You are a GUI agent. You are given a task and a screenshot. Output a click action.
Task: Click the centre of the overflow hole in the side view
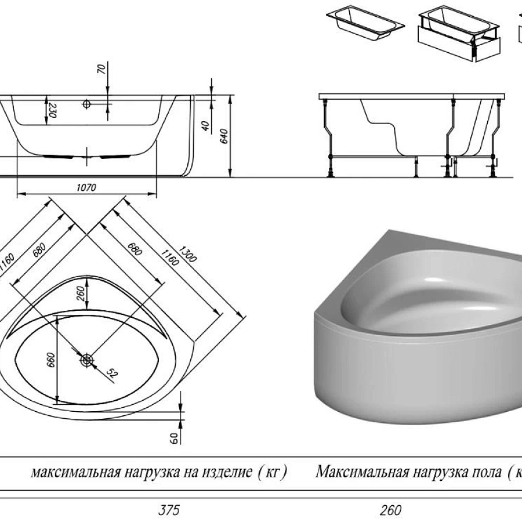tap(86, 104)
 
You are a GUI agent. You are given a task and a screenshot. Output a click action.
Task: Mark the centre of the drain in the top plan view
tap(87, 360)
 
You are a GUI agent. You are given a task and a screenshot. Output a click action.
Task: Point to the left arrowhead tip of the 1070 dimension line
tap(17, 193)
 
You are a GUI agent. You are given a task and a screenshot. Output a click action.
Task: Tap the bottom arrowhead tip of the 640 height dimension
tap(230, 176)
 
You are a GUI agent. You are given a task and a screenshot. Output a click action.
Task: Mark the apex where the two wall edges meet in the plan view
tap(87, 235)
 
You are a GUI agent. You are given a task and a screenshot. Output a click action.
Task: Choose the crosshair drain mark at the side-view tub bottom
tap(87, 156)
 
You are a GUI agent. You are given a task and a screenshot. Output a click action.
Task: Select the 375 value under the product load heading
tap(169, 510)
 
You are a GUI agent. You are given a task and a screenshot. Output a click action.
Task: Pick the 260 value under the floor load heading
tap(390, 510)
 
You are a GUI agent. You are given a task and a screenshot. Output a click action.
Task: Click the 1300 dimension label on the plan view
tap(188, 255)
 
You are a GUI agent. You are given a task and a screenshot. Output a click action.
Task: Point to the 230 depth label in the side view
tap(52, 111)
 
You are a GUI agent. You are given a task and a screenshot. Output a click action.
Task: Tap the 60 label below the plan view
tap(174, 438)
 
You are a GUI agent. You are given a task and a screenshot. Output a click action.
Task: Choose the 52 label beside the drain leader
tap(112, 373)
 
